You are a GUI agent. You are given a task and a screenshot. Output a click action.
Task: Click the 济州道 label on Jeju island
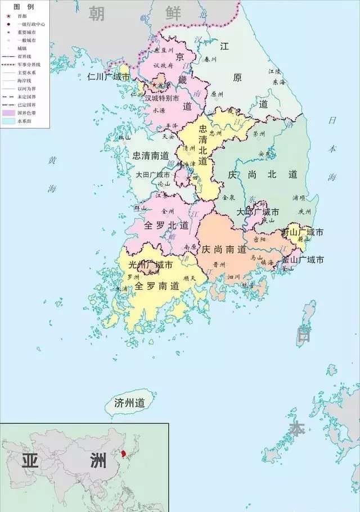(x=129, y=403)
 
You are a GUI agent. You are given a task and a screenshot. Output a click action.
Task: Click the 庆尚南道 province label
(x=224, y=249)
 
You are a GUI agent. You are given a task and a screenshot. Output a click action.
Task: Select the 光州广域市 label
(x=150, y=264)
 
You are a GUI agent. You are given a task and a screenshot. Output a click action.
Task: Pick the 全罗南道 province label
(x=156, y=286)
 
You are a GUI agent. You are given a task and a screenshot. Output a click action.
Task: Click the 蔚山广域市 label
(x=303, y=232)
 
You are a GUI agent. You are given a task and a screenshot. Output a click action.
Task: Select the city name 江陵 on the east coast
(x=274, y=71)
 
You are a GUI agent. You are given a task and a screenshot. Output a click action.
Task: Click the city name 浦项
(x=299, y=198)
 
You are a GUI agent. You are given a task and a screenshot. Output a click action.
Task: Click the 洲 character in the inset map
(x=97, y=461)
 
